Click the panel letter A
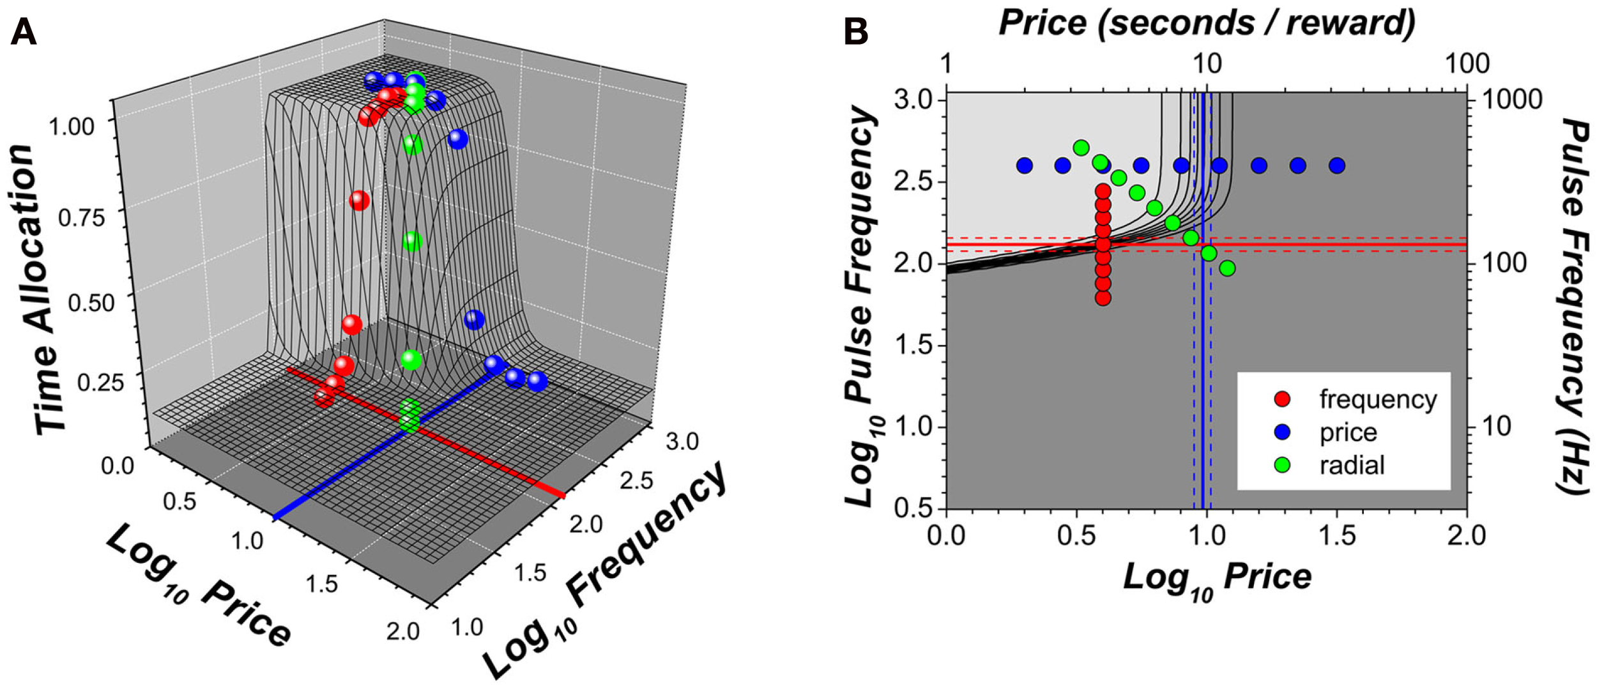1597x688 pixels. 24,31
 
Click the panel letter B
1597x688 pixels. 855,31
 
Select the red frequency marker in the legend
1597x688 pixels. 1282,399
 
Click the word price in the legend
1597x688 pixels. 1348,432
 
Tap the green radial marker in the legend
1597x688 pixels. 1282,465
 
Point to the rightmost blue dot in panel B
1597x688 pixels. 1337,166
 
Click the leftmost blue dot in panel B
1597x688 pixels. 1025,166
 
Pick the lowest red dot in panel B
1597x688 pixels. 1103,298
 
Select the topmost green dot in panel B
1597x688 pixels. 1081,148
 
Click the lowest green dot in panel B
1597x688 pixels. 1227,268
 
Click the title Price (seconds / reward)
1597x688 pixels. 1207,23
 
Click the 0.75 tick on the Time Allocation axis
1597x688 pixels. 81,218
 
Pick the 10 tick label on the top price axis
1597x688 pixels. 1207,63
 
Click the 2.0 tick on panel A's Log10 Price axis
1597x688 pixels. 402,631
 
